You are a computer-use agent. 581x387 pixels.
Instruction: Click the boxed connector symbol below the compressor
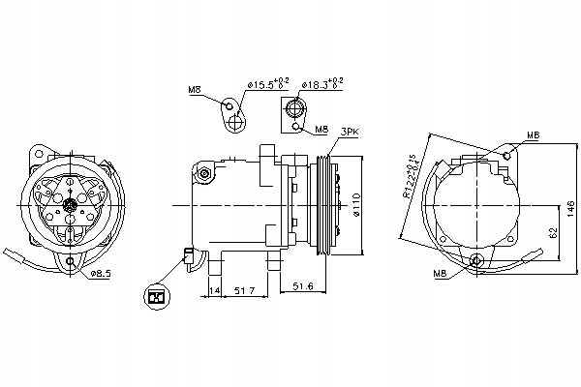click(154, 298)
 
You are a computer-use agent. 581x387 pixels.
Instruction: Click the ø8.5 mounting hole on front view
click(72, 262)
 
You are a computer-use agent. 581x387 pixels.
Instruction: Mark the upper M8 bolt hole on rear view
click(507, 154)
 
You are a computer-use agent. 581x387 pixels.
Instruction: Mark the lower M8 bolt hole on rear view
click(474, 260)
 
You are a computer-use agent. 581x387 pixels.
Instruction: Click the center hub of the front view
click(73, 205)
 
